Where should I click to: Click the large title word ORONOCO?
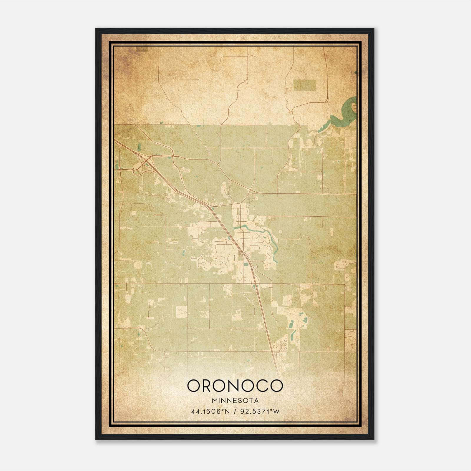[235, 386]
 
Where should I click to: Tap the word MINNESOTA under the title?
[235, 401]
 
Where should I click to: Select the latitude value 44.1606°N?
[210, 412]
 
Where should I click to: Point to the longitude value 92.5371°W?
[260, 412]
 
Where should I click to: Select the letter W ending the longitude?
[276, 412]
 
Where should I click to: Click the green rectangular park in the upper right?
[304, 85]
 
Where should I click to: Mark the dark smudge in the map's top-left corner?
[142, 49]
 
